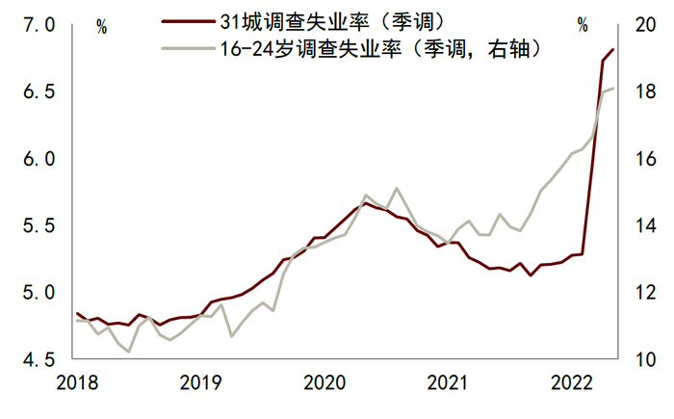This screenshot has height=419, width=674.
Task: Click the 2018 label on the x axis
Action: pos(77,382)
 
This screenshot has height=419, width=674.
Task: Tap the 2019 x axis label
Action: pos(202,382)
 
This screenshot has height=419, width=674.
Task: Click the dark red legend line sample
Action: pos(189,20)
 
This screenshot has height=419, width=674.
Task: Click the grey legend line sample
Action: pos(189,45)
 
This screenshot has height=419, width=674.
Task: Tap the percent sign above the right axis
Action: pos(582,26)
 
